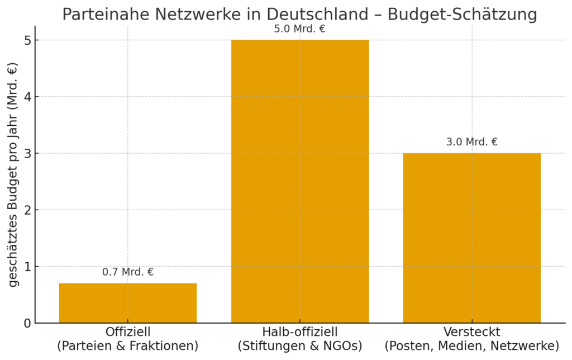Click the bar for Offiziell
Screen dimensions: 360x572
click(x=128, y=303)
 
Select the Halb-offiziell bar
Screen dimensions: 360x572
click(x=300, y=181)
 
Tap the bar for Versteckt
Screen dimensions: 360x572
click(x=471, y=238)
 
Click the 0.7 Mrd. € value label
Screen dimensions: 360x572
click(x=128, y=273)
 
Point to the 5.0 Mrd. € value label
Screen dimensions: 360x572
click(x=300, y=29)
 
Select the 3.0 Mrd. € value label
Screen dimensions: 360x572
click(x=471, y=142)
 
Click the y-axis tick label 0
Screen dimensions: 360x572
click(x=26, y=323)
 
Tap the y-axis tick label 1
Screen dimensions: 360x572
click(x=26, y=267)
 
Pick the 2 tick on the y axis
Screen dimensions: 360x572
click(x=26, y=210)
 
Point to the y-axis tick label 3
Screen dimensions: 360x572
click(x=26, y=153)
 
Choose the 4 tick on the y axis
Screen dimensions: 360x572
click(x=26, y=97)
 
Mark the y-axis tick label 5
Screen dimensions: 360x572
click(x=26, y=40)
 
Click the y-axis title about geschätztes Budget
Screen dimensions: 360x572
click(x=13, y=174)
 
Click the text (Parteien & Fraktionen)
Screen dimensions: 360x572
click(x=128, y=346)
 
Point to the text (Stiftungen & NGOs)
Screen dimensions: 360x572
click(x=300, y=346)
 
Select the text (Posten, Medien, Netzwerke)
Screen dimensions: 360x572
click(x=471, y=346)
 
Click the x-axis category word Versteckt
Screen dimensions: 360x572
click(x=471, y=332)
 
